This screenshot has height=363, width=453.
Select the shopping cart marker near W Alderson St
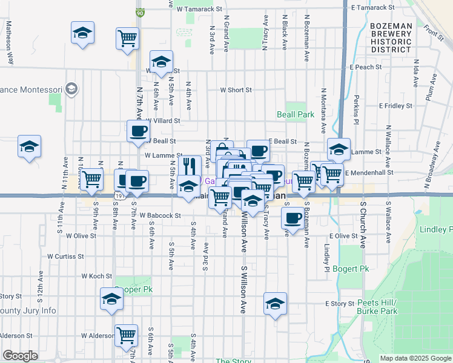click(126, 335)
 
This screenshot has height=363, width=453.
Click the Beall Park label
click(295, 114)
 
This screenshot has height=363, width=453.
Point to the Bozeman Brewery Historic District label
click(391, 38)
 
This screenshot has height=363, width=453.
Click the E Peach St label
click(366, 67)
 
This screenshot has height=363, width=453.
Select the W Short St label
click(236, 90)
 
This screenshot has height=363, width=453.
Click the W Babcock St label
click(160, 215)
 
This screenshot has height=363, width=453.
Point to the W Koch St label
click(96, 276)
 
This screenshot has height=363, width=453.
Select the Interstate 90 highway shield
click(140, 12)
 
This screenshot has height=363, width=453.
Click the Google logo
click(21, 356)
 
